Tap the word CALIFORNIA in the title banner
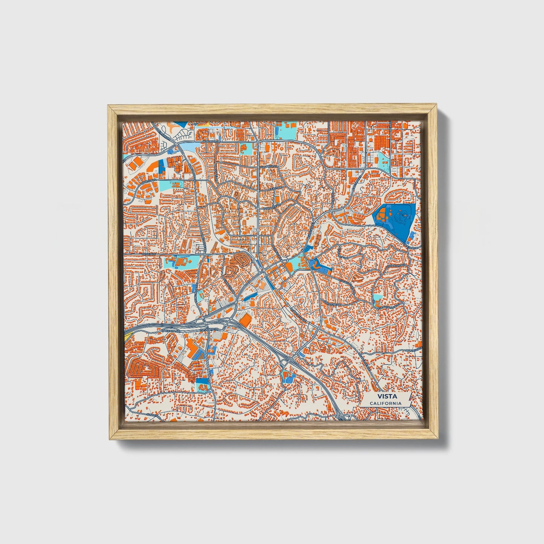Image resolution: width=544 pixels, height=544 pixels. [385, 404]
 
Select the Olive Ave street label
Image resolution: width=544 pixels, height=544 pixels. [149, 254]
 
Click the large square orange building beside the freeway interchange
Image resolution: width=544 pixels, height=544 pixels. [245, 320]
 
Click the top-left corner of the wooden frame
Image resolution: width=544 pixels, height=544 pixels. [109, 107]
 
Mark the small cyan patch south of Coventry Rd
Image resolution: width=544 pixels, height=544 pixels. [378, 299]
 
